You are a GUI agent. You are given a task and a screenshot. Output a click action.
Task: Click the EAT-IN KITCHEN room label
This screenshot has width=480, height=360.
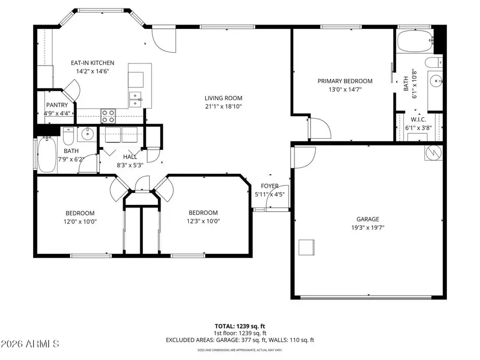click(93, 63)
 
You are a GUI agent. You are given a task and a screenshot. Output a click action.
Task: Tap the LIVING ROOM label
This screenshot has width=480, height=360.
click(223, 98)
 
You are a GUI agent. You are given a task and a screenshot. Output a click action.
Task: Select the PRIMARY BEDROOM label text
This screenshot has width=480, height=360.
click(345, 81)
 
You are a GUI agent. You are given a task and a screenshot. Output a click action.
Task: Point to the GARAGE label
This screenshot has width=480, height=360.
click(367, 219)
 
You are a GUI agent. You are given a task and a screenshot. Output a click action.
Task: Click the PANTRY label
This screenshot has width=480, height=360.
click(57, 105)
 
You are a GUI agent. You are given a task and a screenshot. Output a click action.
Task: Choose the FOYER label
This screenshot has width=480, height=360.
click(269, 186)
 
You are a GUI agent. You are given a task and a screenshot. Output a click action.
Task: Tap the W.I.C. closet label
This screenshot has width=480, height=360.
click(417, 119)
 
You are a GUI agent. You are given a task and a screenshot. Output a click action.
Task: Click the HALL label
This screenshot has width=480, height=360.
click(130, 157)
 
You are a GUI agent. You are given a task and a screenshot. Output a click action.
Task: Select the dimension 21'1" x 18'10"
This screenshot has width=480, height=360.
click(223, 107)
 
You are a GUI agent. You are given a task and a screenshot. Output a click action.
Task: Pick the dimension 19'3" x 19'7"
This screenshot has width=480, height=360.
click(367, 227)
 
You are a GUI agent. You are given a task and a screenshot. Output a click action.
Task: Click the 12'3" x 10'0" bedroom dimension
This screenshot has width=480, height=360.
click(203, 221)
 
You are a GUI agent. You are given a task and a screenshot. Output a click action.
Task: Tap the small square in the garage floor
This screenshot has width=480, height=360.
click(306, 248)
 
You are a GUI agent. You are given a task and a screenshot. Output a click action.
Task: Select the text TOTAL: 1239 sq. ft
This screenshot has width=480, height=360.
click(239, 325)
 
